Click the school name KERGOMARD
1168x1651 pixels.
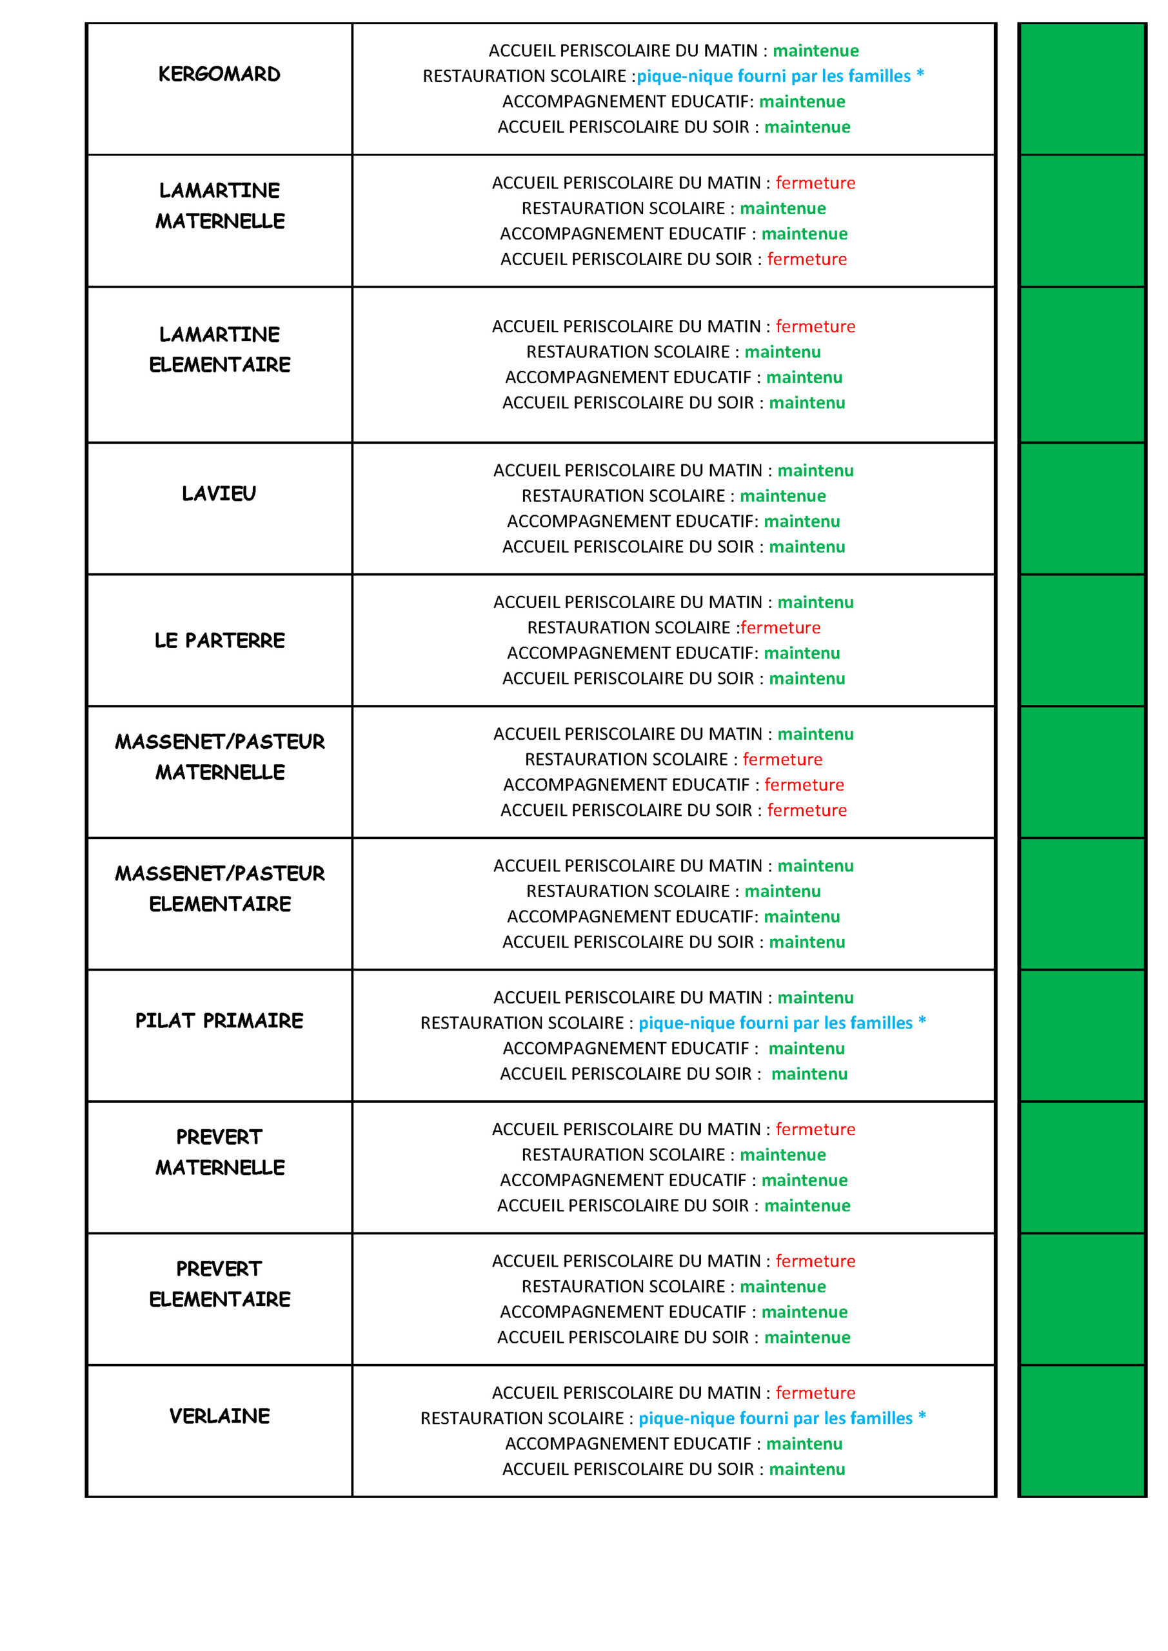click(219, 74)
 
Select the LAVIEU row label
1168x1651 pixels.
click(219, 493)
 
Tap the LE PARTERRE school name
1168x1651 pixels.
click(219, 640)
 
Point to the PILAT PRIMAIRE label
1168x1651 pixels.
click(219, 1020)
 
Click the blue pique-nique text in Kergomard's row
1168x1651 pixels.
click(780, 75)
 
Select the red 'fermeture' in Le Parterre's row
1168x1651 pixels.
click(780, 627)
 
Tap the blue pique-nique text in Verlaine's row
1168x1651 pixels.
click(782, 1418)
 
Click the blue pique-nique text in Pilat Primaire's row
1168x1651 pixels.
click(782, 1023)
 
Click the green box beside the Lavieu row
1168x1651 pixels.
click(1082, 508)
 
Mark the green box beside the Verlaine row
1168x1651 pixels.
click(1082, 1430)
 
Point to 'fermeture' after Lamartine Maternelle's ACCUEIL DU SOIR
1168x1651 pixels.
click(807, 259)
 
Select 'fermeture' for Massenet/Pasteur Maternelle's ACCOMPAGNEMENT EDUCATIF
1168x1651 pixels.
click(804, 784)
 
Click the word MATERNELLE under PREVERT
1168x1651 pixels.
click(220, 1167)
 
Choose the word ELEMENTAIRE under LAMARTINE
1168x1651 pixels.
click(220, 364)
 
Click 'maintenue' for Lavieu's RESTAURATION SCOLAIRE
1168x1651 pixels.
click(782, 495)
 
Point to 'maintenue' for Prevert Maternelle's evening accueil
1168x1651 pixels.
click(807, 1205)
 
